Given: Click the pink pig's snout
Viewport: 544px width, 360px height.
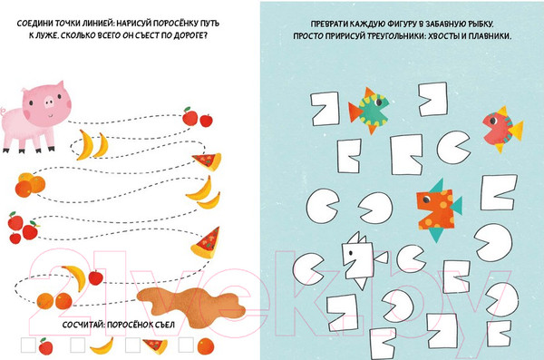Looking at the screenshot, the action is tap(49, 102).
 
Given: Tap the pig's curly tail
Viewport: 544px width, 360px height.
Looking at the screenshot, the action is tap(3, 112).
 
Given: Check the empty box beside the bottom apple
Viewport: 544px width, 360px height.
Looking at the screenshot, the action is tap(28, 345).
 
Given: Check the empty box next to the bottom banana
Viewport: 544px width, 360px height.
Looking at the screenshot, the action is tap(77, 345).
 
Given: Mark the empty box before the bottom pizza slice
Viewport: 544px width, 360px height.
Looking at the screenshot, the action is tap(133, 345).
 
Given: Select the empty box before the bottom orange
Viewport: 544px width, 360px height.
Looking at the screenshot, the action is tap(186, 345).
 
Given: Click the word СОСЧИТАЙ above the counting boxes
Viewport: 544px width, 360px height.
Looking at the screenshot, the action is tap(83, 325).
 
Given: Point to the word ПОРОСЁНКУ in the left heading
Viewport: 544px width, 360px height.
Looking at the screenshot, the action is tap(176, 24).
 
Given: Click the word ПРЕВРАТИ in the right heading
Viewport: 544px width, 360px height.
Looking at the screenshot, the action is tap(329, 24).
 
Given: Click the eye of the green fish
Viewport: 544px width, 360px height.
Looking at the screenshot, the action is tap(379, 102).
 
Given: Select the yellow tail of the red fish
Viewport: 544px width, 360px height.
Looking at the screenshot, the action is tap(516, 131).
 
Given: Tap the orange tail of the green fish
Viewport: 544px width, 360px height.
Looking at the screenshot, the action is tap(355, 112).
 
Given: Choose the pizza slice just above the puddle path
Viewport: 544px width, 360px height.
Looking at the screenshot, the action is tap(206, 243).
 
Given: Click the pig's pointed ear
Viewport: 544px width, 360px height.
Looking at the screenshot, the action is tap(59, 86).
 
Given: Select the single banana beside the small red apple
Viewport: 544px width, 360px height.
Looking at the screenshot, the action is tap(75, 277).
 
